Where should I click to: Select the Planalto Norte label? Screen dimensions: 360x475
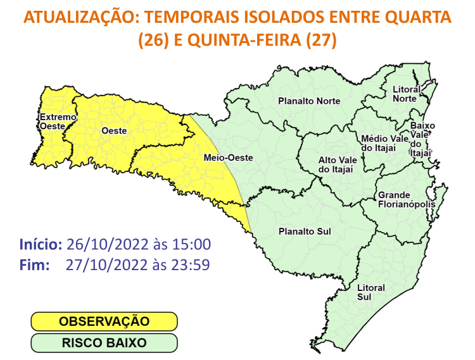[x=309, y=101]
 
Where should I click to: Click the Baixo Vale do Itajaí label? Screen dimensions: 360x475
[x=422, y=139]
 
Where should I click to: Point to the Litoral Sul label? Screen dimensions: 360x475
[x=371, y=292]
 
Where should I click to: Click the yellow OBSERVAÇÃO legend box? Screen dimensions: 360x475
[x=104, y=321]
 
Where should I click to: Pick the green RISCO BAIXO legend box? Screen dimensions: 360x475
[x=104, y=343]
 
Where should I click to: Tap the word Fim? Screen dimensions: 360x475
[x=34, y=264]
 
